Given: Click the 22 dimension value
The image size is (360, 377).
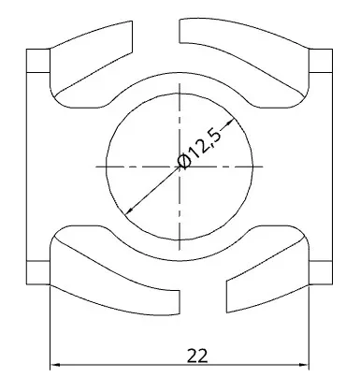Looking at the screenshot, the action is (197, 355).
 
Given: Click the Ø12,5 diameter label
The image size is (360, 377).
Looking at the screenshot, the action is (199, 148).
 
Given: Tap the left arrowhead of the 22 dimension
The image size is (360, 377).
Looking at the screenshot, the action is (55, 364).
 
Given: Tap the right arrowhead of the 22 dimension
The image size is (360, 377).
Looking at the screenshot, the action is (304, 364).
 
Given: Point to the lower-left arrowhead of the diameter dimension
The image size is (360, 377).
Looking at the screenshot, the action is (128, 211).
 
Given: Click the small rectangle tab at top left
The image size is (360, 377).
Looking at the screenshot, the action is (38, 61).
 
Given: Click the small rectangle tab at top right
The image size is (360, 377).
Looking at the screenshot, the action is (321, 61).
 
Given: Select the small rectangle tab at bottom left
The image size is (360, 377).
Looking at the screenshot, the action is (38, 272).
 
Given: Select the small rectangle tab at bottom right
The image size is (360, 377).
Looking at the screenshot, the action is (321, 272).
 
